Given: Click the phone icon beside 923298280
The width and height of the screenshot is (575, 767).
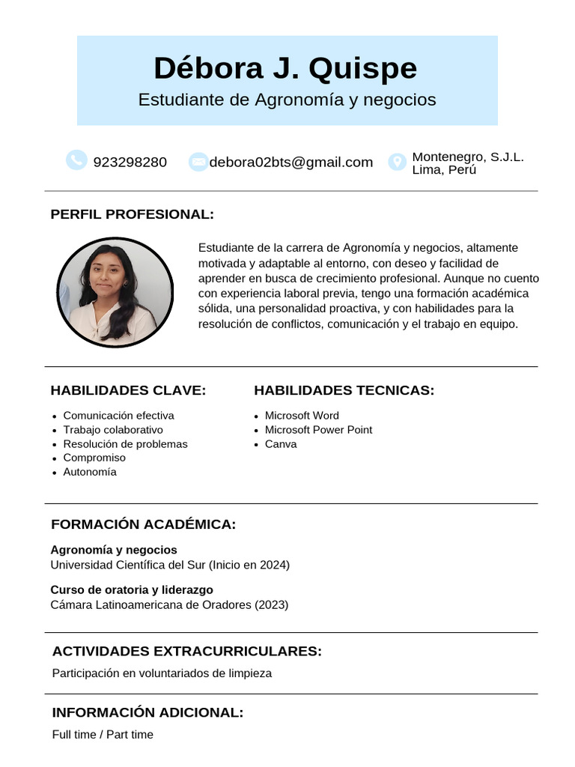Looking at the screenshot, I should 76,160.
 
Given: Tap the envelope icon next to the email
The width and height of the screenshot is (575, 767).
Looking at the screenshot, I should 198,162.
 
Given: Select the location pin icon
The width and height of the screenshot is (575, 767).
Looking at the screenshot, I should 397,162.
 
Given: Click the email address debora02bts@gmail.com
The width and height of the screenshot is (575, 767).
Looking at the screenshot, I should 290,162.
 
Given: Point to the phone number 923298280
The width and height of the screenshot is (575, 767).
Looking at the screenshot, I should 130,162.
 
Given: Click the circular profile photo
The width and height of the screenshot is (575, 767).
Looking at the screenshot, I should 115,292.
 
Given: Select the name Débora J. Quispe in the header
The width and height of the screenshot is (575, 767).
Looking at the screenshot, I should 285,68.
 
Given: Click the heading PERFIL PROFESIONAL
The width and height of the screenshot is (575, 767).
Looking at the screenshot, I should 132,214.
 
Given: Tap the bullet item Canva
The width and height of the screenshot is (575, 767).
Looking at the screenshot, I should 281,444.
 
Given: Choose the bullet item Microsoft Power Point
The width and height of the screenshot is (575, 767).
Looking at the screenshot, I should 318,430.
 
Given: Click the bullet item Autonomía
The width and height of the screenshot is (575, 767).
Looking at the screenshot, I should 90,472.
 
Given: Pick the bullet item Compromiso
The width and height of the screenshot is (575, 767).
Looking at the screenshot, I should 94,458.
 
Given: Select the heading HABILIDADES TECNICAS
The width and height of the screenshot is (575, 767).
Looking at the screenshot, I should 344,390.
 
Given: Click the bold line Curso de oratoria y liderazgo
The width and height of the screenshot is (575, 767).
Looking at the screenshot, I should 132,589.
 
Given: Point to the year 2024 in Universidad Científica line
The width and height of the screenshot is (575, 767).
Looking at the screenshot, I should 273,565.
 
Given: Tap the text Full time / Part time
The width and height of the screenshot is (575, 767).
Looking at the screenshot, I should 103,735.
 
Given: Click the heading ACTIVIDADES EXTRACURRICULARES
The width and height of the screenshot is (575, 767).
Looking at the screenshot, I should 186,651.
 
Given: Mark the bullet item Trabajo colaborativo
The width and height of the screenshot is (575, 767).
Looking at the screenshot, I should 113,430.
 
